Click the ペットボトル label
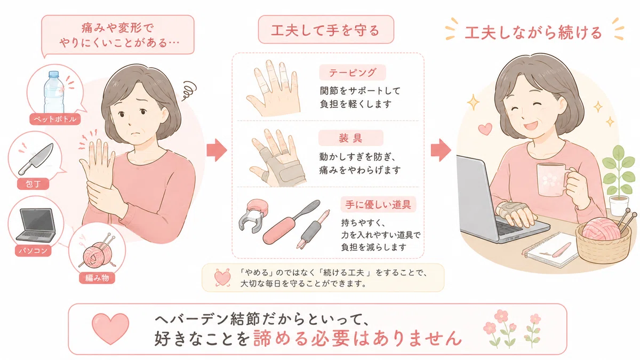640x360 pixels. pyautogui.click(x=55, y=119)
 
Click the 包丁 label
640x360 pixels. pyautogui.click(x=33, y=183)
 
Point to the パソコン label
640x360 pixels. pyautogui.click(x=33, y=251)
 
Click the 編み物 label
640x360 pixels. pyautogui.click(x=97, y=278)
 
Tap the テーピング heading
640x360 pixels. pyautogui.click(x=353, y=73)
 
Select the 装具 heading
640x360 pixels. pyautogui.click(x=350, y=138)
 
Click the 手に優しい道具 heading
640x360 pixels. pyautogui.click(x=378, y=204)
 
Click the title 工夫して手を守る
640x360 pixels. pyautogui.click(x=326, y=30)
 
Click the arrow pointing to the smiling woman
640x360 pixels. pyautogui.click(x=441, y=150)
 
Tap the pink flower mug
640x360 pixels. pyautogui.click(x=554, y=179)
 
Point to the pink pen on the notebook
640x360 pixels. pyautogui.click(x=562, y=250)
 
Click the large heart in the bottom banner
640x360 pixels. pyautogui.click(x=110, y=329)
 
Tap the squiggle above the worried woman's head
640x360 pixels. pyautogui.click(x=189, y=90)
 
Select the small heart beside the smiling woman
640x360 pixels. pyautogui.click(x=485, y=129)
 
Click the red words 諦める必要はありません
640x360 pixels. pyautogui.click(x=357, y=338)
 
